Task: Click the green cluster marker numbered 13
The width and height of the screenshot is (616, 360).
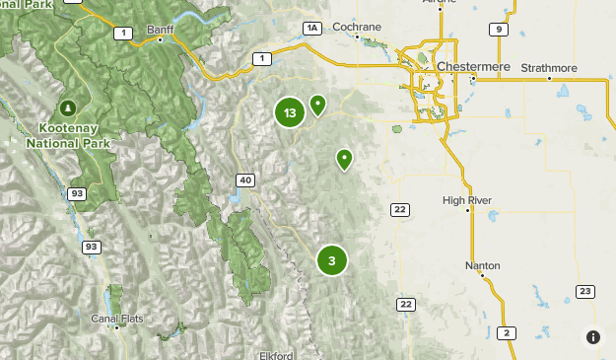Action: [x=289, y=112]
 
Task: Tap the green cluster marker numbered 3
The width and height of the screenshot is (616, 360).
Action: [x=332, y=260]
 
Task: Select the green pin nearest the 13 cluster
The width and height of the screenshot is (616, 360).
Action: [x=318, y=104]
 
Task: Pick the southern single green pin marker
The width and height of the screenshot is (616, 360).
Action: [x=345, y=158]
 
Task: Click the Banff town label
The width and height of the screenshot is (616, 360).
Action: [x=160, y=31]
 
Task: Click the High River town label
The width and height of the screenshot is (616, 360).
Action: [x=467, y=200]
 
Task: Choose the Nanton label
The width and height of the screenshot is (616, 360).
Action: [x=483, y=266]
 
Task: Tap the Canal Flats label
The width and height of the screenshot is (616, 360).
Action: [x=118, y=319]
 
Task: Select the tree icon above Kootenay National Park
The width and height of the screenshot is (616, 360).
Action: [x=68, y=107]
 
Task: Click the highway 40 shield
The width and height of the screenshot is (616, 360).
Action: [x=245, y=180]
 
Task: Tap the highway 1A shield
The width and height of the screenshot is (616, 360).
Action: [x=313, y=29]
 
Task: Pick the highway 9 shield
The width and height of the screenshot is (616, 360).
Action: [x=500, y=30]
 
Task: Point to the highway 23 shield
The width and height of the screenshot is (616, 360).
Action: [x=584, y=290]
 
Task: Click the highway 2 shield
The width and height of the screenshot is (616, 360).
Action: [x=506, y=332]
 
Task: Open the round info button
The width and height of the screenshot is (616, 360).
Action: [x=592, y=337]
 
